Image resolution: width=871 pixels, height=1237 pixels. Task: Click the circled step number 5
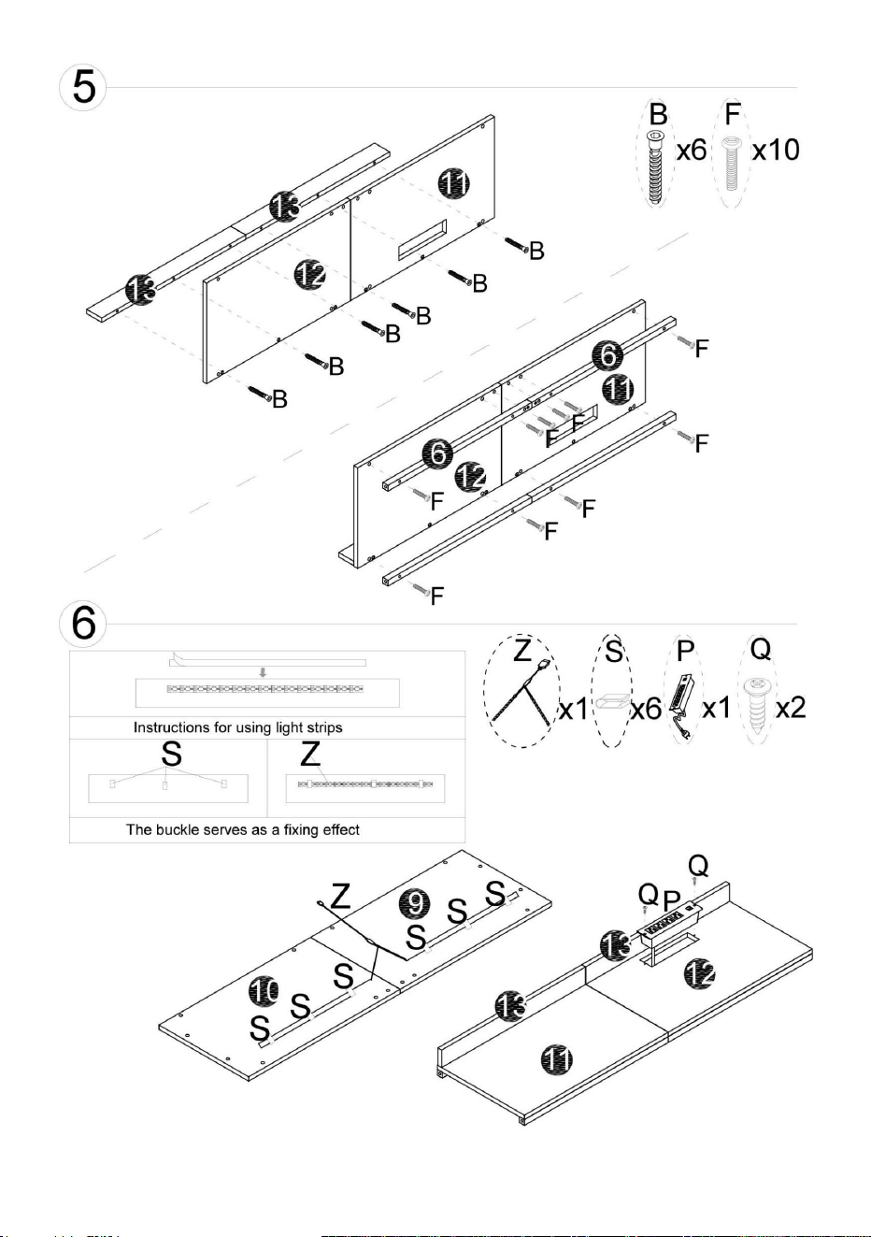(83, 87)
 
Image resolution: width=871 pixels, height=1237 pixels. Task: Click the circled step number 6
(83, 624)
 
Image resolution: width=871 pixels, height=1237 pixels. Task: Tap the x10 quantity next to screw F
(776, 150)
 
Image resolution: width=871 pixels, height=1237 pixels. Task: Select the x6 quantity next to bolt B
(692, 150)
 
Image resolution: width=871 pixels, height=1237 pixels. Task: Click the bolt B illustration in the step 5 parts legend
(656, 168)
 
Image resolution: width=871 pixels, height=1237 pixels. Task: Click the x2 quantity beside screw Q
(791, 708)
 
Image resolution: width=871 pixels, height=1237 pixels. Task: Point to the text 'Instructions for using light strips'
(238, 727)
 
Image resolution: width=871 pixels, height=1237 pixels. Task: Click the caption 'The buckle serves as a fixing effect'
(243, 829)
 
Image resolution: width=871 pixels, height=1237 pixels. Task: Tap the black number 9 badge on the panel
(415, 903)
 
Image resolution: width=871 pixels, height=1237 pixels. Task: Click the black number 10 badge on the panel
(264, 990)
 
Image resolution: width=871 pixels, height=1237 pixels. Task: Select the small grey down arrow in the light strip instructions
(264, 672)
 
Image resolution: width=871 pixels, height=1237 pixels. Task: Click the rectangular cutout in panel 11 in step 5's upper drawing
(422, 238)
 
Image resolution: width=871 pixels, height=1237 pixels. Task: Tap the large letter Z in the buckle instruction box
(310, 754)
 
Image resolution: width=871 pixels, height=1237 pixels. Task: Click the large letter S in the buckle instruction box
(172, 754)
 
